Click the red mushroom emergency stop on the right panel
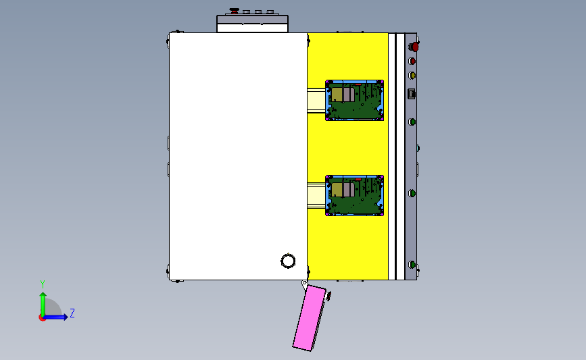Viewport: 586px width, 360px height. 414,47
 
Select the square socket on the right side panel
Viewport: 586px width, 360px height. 412,93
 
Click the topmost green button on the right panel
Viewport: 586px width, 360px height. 412,122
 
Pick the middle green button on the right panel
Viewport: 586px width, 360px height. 412,193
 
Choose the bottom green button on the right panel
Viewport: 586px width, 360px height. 412,264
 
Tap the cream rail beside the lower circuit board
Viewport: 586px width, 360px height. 316,195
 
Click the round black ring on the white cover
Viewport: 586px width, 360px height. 288,261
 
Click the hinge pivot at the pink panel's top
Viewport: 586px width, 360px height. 305,284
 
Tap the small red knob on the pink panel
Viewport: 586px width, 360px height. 329,294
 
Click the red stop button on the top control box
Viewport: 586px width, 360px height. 234,11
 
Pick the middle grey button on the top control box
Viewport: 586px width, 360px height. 258,11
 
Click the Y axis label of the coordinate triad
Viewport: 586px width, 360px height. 42,284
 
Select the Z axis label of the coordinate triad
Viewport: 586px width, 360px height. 72,313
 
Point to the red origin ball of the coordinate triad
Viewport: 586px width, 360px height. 42,317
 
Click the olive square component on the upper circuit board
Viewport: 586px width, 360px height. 337,94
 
